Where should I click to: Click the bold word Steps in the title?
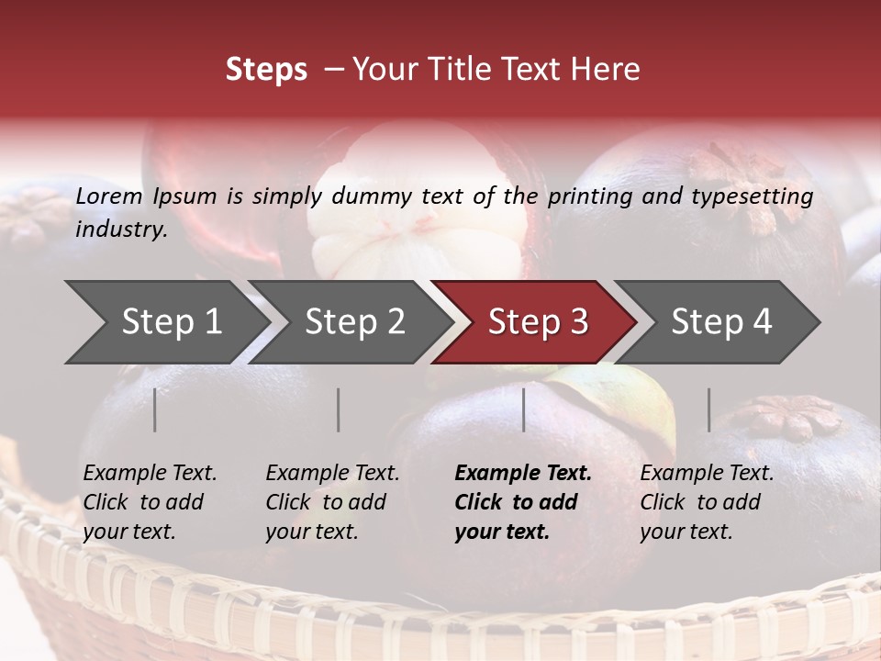266,70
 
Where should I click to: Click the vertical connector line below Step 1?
155,409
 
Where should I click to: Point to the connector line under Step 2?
339,409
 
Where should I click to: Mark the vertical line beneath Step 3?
523,409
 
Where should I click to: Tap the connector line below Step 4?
708,409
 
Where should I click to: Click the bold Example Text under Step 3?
523,474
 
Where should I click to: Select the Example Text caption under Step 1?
150,474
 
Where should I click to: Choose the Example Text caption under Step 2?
332,474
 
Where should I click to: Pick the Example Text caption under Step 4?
707,474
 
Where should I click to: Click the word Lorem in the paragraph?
109,196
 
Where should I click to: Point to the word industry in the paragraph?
121,230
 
